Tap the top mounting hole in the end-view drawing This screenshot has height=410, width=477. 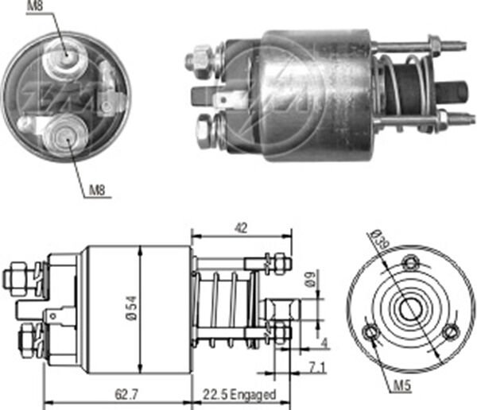pos(409,262)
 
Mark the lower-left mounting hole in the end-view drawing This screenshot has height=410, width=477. pos(369,331)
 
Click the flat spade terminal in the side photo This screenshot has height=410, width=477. pos(229,98)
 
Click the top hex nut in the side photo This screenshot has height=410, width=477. pos(200,59)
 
